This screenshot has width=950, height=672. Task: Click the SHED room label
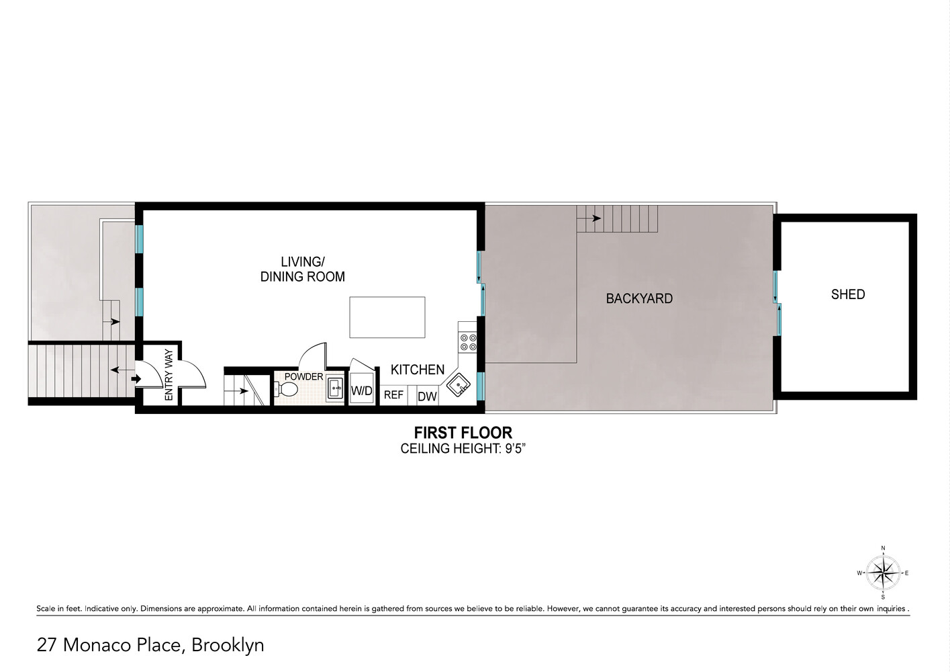[x=847, y=294]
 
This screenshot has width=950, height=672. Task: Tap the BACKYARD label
[x=638, y=298]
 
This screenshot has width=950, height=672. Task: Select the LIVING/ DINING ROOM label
[x=302, y=269]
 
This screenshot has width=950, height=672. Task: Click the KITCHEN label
[x=417, y=370]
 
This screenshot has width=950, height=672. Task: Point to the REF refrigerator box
[x=393, y=395]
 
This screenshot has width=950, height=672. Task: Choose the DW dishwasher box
[x=427, y=396]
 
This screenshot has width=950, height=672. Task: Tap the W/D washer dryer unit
[x=362, y=391]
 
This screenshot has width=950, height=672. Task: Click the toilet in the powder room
[x=286, y=390]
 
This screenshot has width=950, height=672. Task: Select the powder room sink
[x=335, y=388]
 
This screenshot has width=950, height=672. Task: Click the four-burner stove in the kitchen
[x=467, y=342]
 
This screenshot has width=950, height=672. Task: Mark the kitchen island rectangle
[x=387, y=317]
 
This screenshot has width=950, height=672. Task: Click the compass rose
[x=883, y=573]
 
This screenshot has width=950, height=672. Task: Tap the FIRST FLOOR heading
[x=463, y=433]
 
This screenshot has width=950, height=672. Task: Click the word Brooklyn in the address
[x=228, y=645]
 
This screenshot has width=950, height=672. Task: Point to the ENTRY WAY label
[x=169, y=375]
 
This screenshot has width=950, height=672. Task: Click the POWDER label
[x=303, y=376]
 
